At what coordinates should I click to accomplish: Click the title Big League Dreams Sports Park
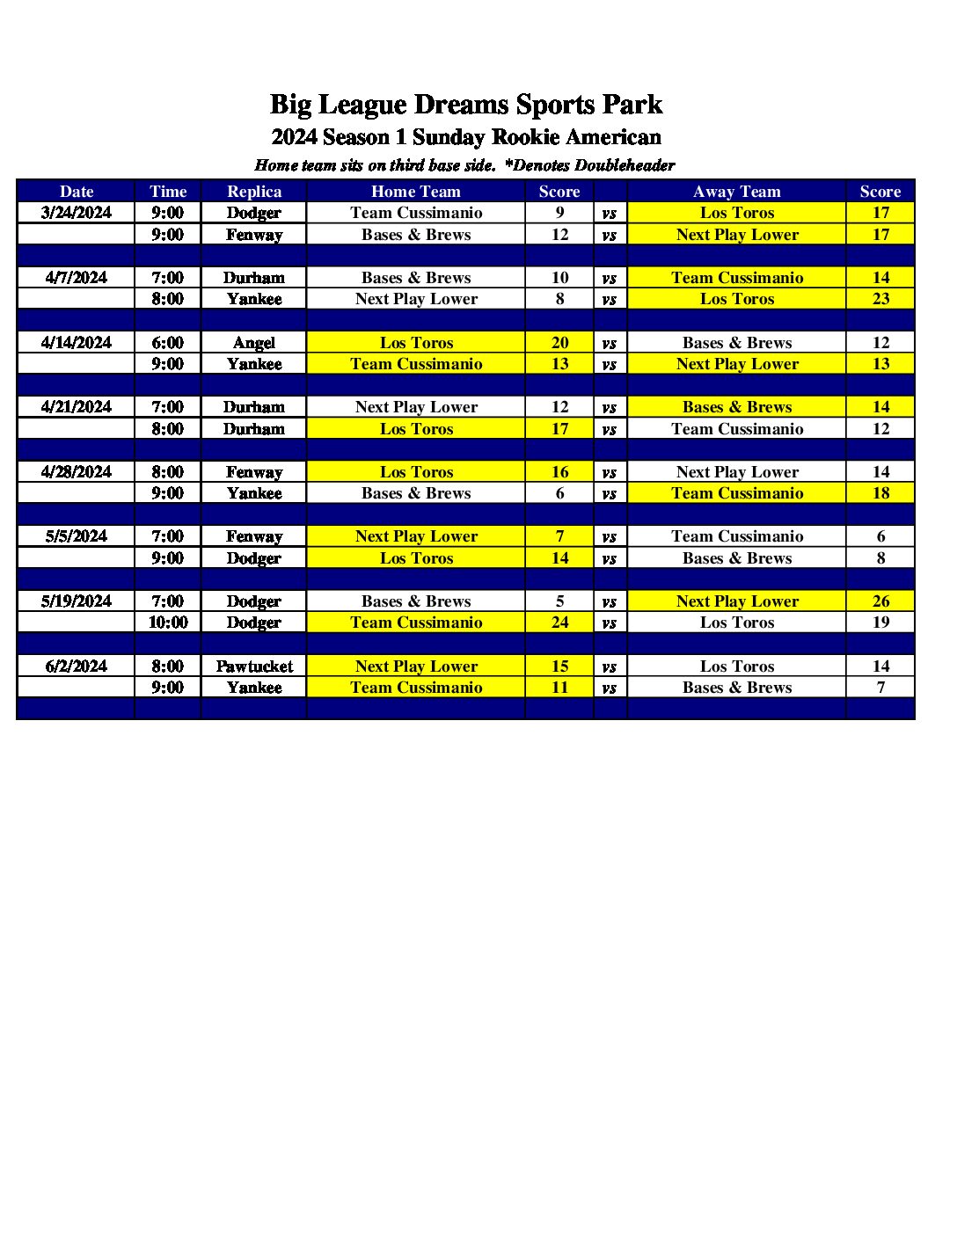tap(465, 105)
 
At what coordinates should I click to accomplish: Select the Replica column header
tap(254, 192)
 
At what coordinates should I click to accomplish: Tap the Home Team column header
tap(416, 192)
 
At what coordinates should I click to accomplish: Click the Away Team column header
tap(736, 192)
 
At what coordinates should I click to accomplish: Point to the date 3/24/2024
tap(77, 213)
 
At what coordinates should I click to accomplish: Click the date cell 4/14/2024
tap(77, 343)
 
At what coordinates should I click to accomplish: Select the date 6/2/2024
tap(77, 666)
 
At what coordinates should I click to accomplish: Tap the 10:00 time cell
tap(168, 623)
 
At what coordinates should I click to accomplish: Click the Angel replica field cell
tap(254, 343)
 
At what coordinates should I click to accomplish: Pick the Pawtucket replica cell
tap(254, 666)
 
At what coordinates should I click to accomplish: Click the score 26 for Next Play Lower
tap(880, 601)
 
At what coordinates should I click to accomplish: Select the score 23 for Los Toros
tap(880, 299)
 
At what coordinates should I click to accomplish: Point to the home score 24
tap(559, 623)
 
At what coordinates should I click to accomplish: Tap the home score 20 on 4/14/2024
tap(559, 343)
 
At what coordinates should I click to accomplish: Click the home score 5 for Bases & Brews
tap(559, 601)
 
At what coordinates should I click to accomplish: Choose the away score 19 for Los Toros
tap(880, 623)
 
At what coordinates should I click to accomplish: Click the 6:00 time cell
tap(168, 343)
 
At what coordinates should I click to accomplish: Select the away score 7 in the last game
tap(880, 688)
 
